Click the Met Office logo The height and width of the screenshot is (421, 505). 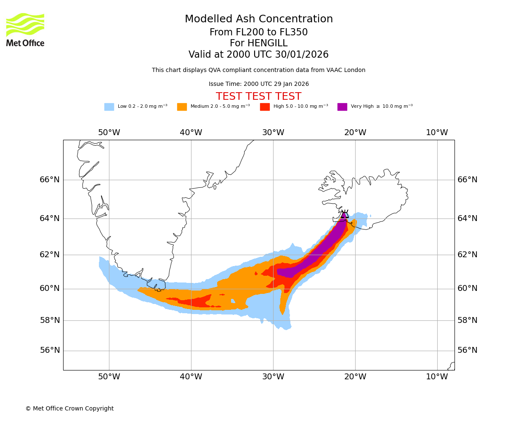click(x=25, y=29)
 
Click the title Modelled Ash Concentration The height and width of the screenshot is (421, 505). click(x=258, y=19)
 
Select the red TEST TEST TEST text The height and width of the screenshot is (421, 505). click(x=258, y=97)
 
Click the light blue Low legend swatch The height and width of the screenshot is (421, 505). click(x=109, y=107)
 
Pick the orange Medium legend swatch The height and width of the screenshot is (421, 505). click(x=182, y=107)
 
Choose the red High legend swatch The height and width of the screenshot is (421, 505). click(x=265, y=107)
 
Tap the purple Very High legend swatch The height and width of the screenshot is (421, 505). click(x=342, y=107)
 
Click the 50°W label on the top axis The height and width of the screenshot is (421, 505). click(x=109, y=133)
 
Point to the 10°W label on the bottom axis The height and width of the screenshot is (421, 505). click(x=437, y=377)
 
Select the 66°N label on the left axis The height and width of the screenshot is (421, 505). click(x=50, y=180)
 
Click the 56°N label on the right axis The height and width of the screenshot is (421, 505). click(x=468, y=350)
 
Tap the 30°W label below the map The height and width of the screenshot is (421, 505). click(x=273, y=377)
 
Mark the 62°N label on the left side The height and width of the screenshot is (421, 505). click(x=50, y=255)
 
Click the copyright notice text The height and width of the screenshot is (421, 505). click(x=69, y=409)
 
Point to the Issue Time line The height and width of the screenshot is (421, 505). click(x=258, y=84)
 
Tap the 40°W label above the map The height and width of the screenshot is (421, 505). click(x=191, y=133)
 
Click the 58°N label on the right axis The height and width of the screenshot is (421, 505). click(x=468, y=320)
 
